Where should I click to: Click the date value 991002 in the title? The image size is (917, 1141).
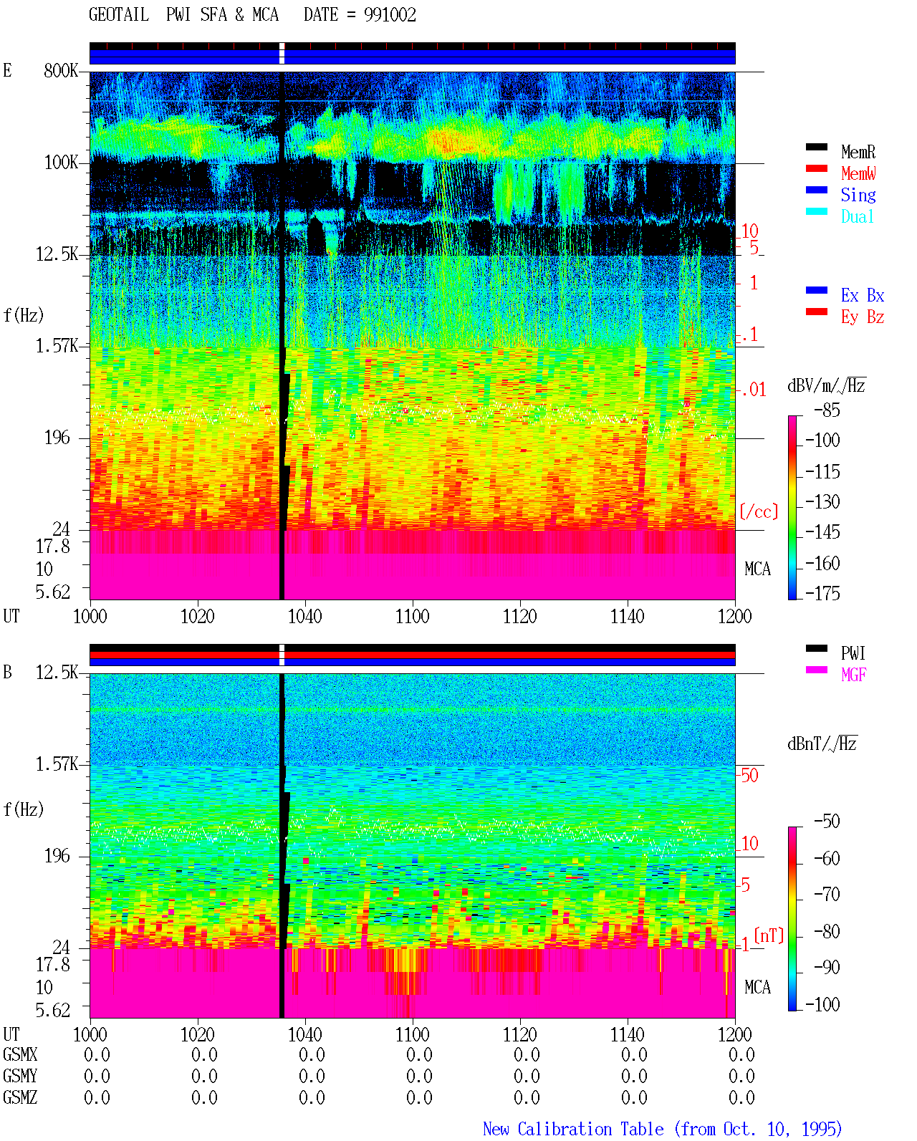point(390,15)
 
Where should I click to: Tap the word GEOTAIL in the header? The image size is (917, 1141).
point(119,15)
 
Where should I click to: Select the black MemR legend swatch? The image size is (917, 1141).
point(816,147)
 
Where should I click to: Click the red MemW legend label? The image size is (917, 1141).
point(858,173)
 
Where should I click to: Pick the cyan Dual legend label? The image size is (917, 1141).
point(857,216)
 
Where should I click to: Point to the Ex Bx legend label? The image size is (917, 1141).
point(863,295)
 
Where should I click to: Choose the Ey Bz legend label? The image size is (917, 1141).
point(863,317)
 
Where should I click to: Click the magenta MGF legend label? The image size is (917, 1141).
point(853,675)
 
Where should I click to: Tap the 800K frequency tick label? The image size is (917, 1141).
point(61,70)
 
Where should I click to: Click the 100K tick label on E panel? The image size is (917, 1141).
point(61,163)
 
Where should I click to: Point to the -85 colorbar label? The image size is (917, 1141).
point(827,410)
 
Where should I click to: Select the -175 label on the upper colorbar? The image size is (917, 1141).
point(822,593)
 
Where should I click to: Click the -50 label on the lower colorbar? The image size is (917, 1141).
point(827,822)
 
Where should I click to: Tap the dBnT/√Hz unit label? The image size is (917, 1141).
point(822,743)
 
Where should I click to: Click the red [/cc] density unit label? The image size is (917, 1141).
point(759,511)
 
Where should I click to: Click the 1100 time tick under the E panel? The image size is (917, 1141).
point(412,616)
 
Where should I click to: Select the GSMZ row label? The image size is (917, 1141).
point(20,1097)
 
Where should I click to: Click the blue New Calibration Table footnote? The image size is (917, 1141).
point(662,1129)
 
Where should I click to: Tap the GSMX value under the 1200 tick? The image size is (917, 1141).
point(741,1054)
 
